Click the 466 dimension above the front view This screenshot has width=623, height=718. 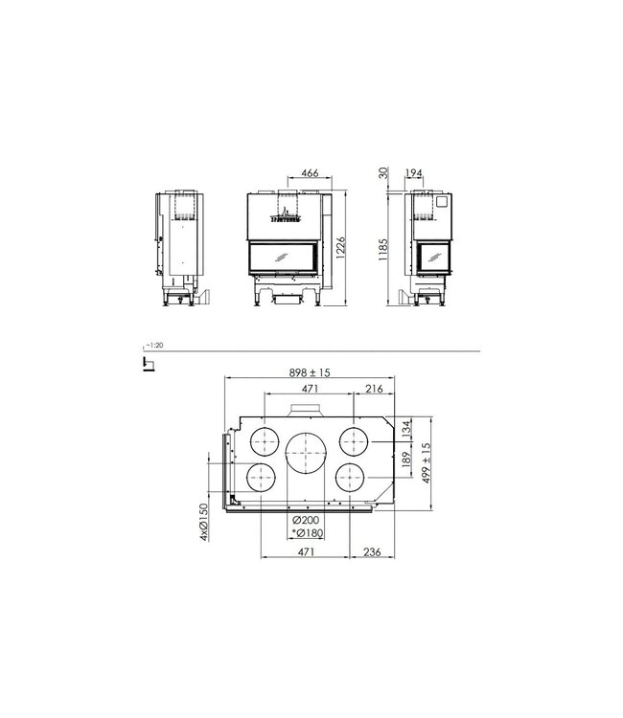309,173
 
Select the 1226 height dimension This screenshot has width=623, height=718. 341,246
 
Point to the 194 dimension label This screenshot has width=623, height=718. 415,173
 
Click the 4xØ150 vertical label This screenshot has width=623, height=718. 204,523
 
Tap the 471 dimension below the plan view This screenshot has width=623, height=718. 307,553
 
